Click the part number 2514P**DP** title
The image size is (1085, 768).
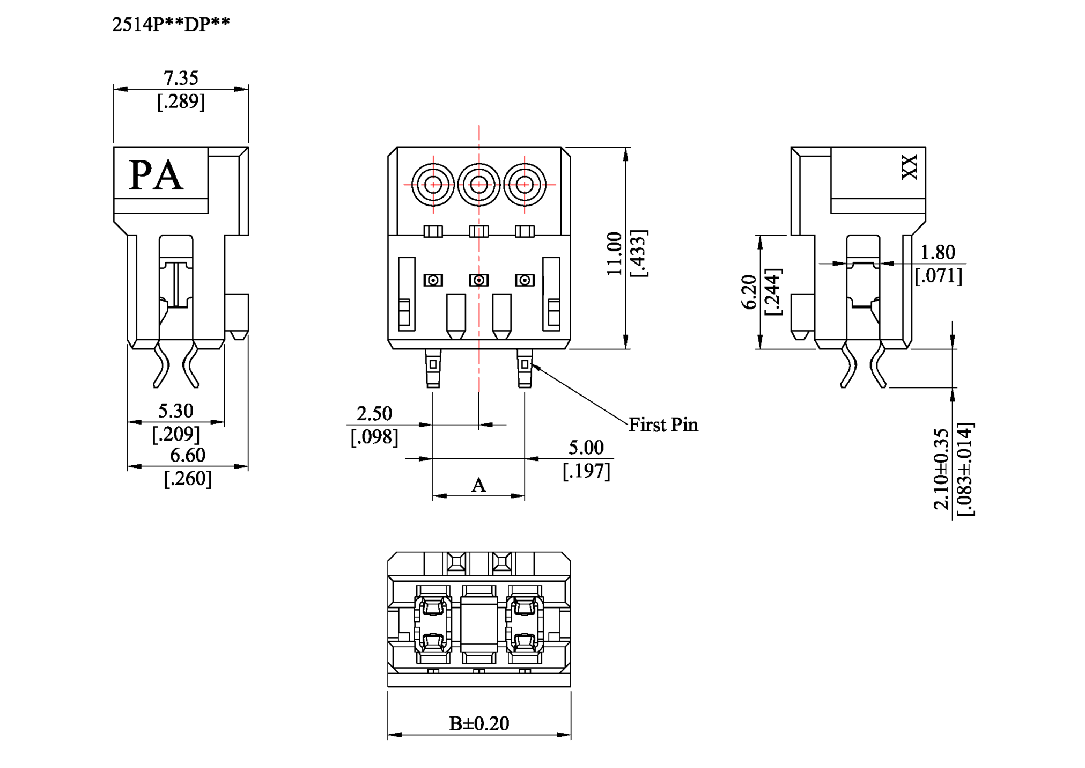171,24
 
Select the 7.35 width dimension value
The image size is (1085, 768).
181,78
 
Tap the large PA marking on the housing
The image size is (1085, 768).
156,175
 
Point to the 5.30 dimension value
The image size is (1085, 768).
175,411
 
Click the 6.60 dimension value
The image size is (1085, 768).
187,456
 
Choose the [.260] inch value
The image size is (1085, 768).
187,478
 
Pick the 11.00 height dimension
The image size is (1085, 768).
614,254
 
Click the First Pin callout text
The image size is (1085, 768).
663,425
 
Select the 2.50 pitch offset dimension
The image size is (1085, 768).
374,414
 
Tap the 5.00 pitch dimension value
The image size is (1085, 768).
586,448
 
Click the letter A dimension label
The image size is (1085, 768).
478,486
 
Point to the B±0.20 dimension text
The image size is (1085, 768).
479,723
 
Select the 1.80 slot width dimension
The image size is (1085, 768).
938,252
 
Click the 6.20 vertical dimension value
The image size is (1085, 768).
749,292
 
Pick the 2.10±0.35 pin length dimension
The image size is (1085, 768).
941,469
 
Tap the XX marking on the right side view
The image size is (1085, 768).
910,167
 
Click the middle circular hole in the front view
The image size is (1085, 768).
479,185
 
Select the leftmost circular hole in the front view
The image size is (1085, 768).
433,185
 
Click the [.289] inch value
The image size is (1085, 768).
181,101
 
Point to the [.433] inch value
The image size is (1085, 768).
638,253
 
